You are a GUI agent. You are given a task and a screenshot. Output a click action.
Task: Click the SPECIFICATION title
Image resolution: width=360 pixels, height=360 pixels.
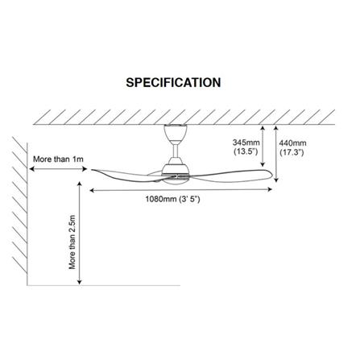(173, 82)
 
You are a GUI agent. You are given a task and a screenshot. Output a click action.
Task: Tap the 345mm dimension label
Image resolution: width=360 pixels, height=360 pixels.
(246, 143)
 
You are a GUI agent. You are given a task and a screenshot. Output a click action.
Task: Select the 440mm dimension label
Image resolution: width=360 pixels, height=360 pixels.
(292, 143)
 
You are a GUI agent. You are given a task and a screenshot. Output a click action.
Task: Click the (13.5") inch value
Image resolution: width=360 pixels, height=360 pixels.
(246, 151)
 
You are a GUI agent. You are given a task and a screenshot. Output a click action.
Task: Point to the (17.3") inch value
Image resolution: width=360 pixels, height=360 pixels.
(292, 152)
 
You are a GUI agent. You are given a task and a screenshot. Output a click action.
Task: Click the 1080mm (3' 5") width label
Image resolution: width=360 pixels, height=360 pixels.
(172, 199)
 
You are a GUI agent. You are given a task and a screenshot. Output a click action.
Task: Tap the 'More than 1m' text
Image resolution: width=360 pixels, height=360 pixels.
(58, 159)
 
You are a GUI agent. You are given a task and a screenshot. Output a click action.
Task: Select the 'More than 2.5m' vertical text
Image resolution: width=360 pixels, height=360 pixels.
(72, 242)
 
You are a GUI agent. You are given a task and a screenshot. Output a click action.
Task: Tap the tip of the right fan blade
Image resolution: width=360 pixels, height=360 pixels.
(272, 175)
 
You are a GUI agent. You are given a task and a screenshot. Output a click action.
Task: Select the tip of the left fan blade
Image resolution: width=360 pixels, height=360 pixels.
(92, 170)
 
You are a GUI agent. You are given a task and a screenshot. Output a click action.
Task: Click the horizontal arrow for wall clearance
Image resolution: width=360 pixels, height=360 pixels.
(58, 169)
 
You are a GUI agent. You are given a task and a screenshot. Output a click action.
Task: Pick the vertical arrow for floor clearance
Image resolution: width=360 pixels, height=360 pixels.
(79, 233)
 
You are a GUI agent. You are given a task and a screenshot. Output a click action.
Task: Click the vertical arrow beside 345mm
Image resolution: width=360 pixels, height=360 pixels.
(263, 147)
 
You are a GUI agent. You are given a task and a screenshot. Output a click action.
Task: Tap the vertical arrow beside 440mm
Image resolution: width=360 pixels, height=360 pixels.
(276, 154)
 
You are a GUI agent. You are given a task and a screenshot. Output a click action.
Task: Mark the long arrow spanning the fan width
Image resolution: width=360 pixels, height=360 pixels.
(181, 190)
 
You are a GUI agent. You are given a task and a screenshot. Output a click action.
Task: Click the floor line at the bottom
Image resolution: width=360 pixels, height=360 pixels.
(104, 285)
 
